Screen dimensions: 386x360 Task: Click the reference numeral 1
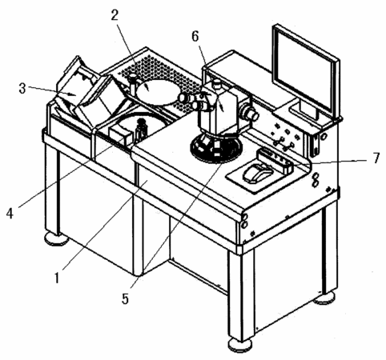57,278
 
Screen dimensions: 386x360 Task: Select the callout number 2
115,16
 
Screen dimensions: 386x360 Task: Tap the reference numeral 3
22,89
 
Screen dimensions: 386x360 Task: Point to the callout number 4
10,214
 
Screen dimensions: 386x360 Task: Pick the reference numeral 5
125,298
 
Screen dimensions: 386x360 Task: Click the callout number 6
195,37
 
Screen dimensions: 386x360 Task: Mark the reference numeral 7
376,158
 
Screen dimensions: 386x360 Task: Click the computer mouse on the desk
257,174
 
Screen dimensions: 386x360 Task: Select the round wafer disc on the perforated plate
158,92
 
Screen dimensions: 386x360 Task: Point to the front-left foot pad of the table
57,238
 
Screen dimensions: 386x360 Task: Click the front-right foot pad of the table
240,346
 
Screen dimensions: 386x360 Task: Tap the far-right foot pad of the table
324,298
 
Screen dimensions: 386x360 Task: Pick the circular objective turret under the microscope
216,148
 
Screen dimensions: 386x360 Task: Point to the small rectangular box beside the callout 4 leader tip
121,134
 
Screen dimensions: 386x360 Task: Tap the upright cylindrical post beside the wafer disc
133,85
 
